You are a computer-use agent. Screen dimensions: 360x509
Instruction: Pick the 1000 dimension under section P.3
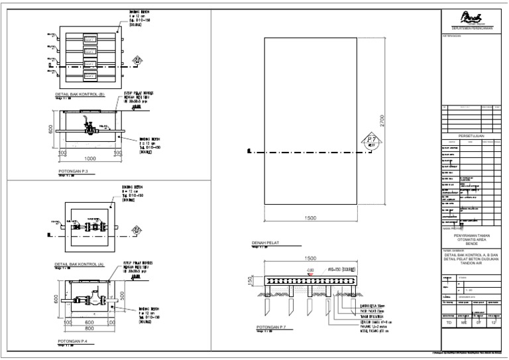92,159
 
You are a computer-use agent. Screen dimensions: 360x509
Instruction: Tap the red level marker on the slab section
310,270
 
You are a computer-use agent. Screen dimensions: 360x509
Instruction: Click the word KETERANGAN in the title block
452,36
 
